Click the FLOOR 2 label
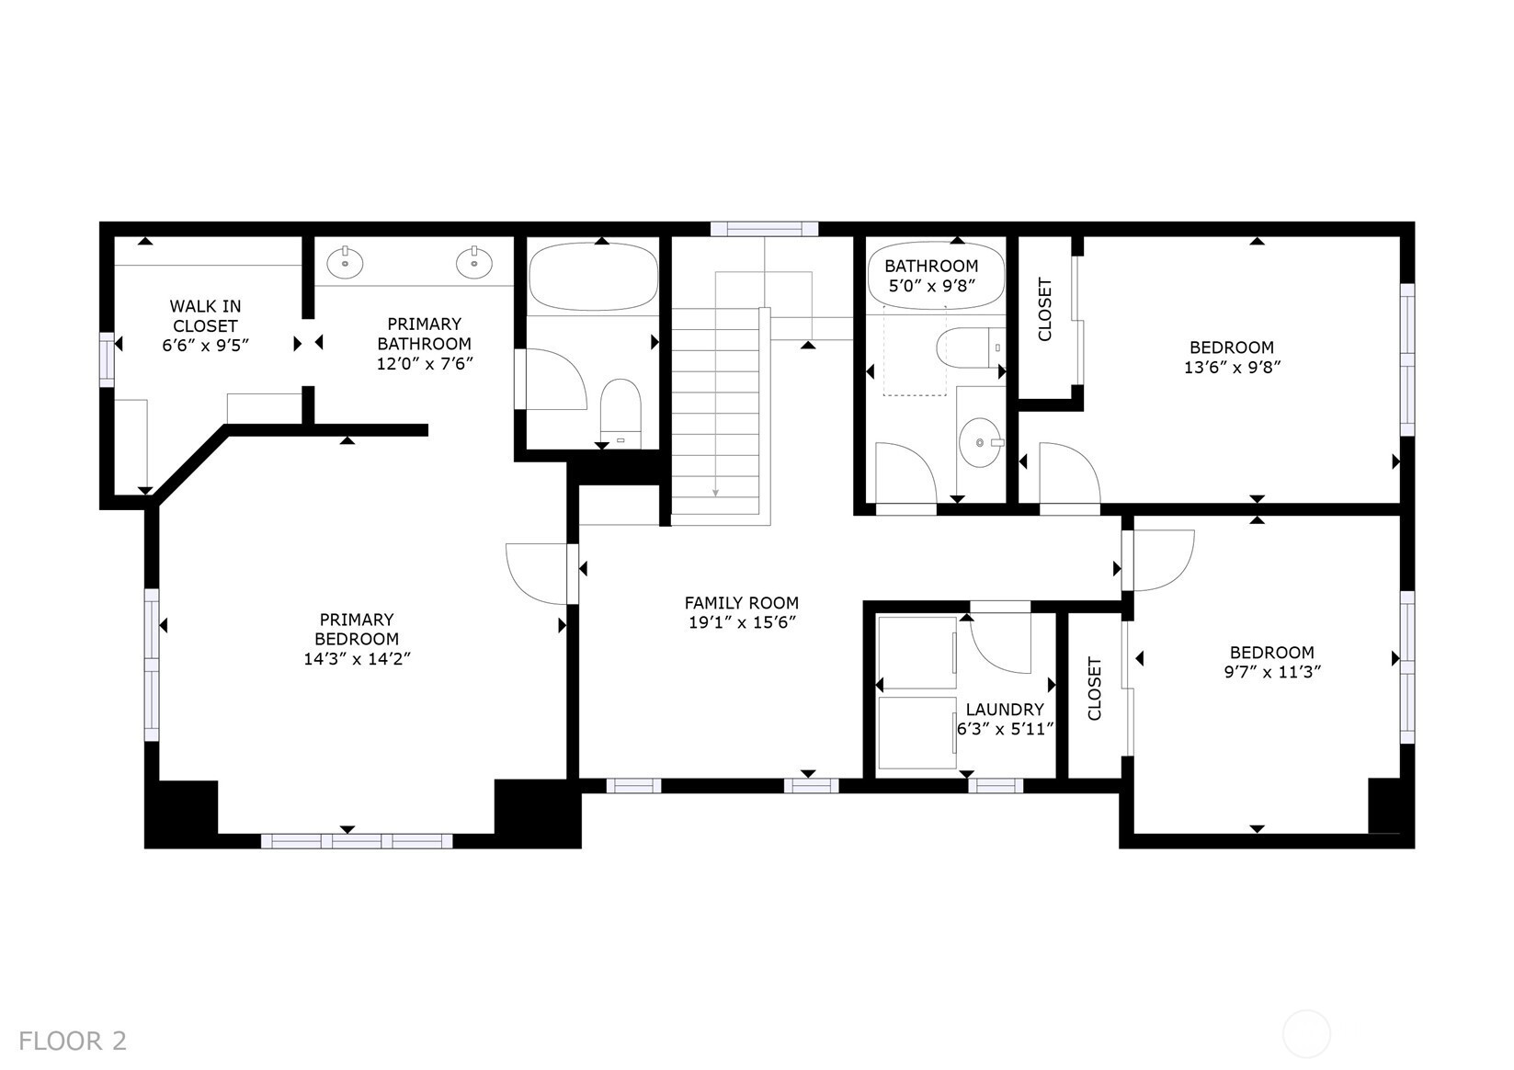tap(73, 1041)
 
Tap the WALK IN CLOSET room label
tap(205, 316)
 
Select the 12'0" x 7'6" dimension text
tap(425, 364)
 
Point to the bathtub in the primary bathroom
tap(593, 277)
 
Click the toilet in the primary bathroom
tap(620, 413)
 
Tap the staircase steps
tap(716, 413)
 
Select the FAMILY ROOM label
tap(742, 602)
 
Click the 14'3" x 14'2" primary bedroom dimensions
tap(357, 659)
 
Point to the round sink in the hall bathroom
tap(981, 443)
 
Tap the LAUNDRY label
tap(1005, 709)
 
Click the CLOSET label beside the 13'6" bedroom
tap(1045, 310)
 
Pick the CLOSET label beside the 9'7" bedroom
tap(1095, 689)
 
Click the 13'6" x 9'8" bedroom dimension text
tap(1232, 368)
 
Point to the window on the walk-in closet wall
tap(107, 359)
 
